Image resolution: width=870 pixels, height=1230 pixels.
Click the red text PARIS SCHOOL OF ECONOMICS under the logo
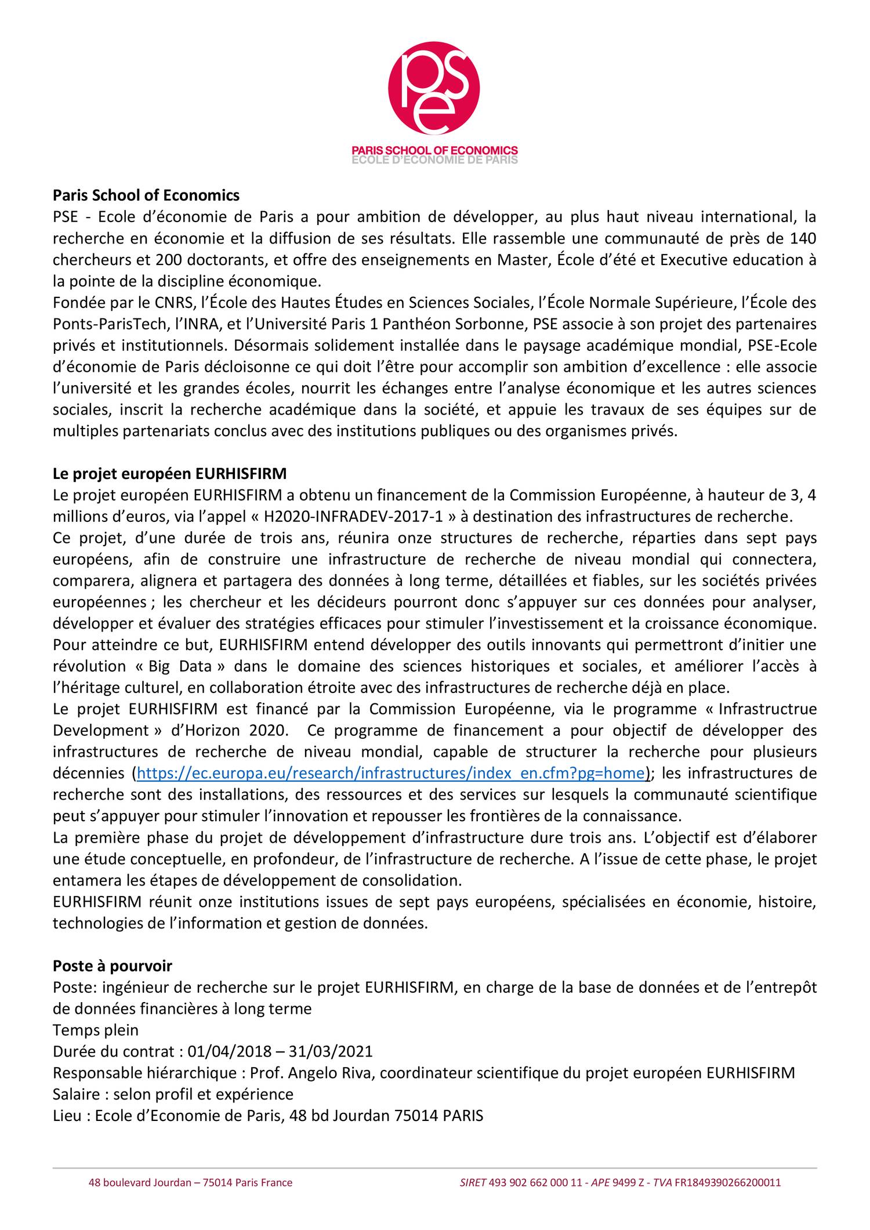tap(434, 150)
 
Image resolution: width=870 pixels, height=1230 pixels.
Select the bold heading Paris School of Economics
tap(146, 195)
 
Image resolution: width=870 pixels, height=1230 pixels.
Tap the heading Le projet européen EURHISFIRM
tap(169, 474)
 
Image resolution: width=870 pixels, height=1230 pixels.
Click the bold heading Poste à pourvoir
tap(113, 966)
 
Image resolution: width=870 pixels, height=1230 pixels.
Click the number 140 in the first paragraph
tap(803, 238)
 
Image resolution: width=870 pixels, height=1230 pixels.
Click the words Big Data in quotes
tap(187, 666)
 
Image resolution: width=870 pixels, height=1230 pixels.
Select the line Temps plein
tap(96, 1030)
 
